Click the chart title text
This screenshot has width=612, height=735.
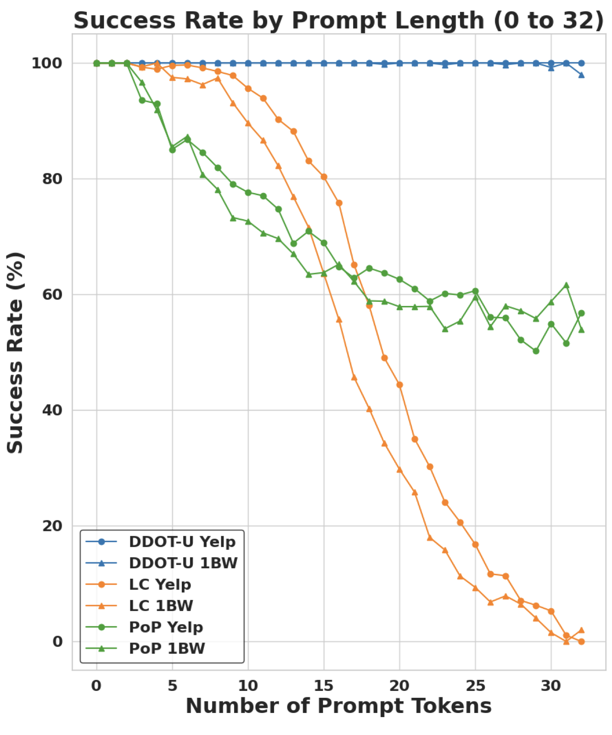(x=338, y=21)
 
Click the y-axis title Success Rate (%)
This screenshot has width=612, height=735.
(x=15, y=353)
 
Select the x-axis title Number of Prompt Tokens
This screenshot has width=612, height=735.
(x=338, y=706)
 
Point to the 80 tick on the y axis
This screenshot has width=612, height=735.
(x=52, y=179)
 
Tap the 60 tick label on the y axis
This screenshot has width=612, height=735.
(x=52, y=294)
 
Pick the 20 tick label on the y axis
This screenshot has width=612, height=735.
(x=52, y=526)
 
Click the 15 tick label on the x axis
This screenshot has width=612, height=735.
(x=324, y=686)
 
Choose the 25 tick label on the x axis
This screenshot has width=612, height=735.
(x=475, y=686)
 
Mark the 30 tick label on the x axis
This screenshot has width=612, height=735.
(x=551, y=686)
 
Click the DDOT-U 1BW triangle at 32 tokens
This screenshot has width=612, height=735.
(x=581, y=75)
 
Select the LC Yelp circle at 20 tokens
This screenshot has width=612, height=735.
(x=399, y=385)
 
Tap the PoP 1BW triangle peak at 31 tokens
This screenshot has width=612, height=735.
(x=566, y=285)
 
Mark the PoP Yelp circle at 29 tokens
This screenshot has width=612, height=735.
(x=536, y=351)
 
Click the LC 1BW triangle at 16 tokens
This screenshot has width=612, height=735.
(x=339, y=320)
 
